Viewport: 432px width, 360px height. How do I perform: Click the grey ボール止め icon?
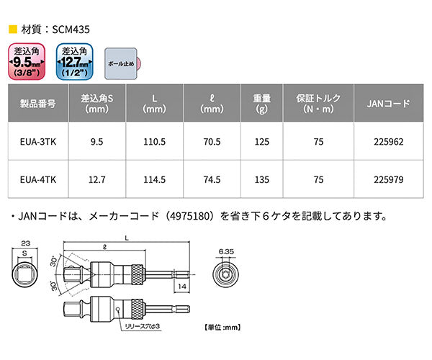120,63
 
